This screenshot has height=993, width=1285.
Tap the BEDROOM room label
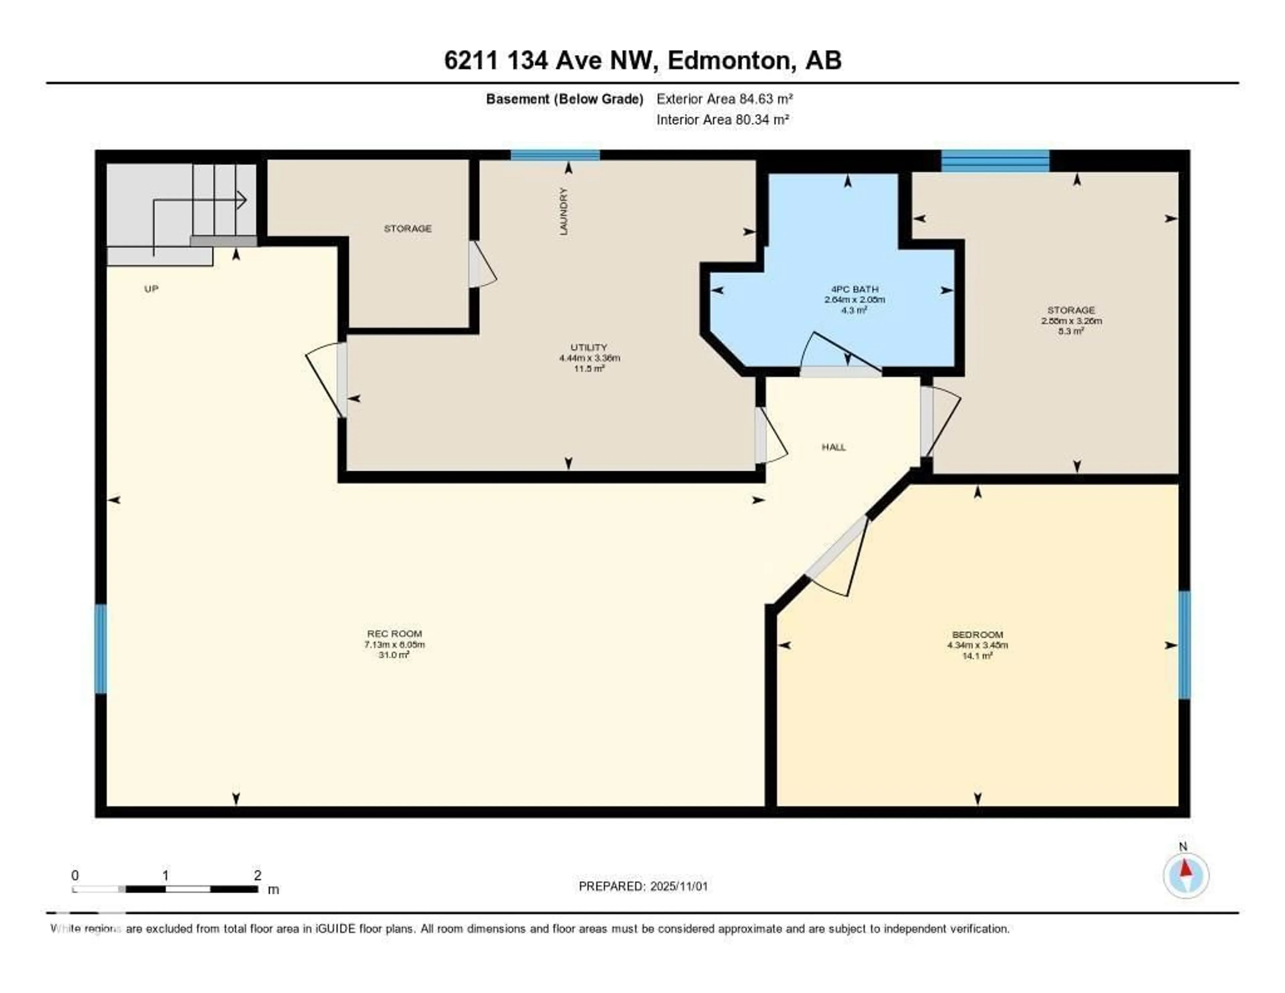pyautogui.click(x=977, y=634)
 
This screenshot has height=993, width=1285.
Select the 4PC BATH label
pyautogui.click(x=854, y=289)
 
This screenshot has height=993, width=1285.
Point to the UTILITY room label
pyautogui.click(x=588, y=347)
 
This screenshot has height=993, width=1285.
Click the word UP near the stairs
pyautogui.click(x=151, y=289)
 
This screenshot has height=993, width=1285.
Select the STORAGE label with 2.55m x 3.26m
pyautogui.click(x=1071, y=310)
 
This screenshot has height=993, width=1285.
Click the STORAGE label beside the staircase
pyautogui.click(x=408, y=228)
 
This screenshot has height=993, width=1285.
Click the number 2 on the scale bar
pyautogui.click(x=257, y=875)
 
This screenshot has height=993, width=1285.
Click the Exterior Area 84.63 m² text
pyautogui.click(x=724, y=99)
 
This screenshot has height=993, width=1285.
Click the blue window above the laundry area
pyautogui.click(x=555, y=155)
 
